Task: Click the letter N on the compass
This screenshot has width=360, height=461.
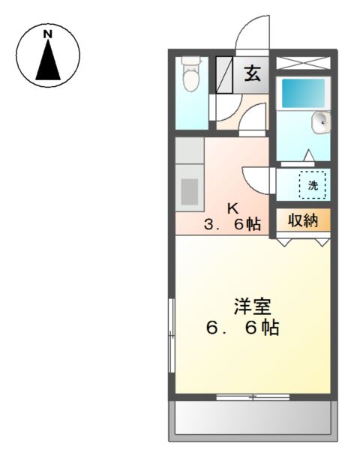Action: (47, 34)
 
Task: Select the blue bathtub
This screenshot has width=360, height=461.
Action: (302, 94)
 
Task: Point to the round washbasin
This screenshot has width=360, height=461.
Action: (322, 120)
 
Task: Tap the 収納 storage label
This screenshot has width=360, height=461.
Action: (302, 220)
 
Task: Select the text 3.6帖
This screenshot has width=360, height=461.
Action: (235, 223)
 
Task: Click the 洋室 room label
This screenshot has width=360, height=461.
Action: (252, 306)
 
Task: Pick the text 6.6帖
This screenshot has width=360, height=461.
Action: (243, 328)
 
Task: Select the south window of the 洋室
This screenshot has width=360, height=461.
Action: (252, 396)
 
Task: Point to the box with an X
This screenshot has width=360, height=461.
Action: (304, 63)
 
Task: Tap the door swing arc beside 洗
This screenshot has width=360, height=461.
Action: (255, 178)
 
